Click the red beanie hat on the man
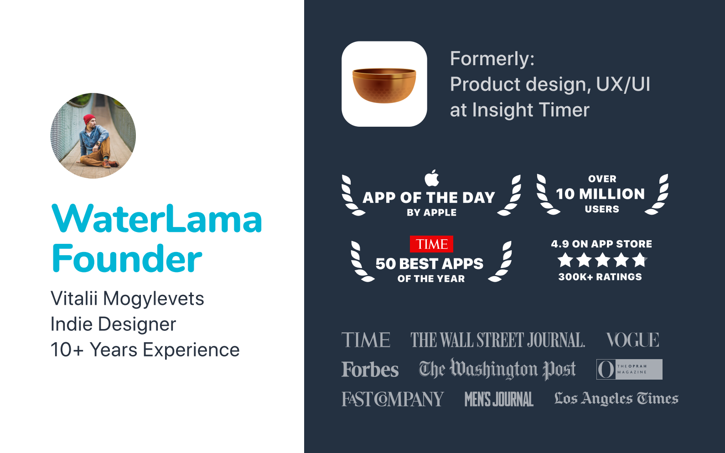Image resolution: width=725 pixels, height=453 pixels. click(89, 119)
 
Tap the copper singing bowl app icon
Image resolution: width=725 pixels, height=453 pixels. click(384, 84)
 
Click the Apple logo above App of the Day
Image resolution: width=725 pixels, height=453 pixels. click(432, 178)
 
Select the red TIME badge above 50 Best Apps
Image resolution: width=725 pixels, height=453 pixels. click(431, 244)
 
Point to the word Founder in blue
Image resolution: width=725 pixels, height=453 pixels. click(127, 258)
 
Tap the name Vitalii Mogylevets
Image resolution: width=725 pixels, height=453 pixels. click(127, 299)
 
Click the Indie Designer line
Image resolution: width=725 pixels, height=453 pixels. click(113, 324)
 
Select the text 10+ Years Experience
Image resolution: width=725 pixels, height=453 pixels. click(145, 350)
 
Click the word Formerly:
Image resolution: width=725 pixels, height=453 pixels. click(492, 59)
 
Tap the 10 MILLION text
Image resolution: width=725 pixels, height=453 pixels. click(601, 194)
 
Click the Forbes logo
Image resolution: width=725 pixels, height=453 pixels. click(370, 369)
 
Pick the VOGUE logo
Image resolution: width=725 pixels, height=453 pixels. click(632, 340)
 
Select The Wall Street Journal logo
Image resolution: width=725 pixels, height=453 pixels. click(498, 340)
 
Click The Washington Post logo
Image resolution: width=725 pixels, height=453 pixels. click(497, 369)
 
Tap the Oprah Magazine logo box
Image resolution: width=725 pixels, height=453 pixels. click(629, 369)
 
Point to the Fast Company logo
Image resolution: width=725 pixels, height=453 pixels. click(393, 399)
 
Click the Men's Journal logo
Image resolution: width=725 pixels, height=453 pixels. click(499, 399)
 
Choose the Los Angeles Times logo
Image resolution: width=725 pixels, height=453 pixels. click(616, 398)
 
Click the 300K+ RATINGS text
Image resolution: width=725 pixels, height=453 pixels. click(600, 277)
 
